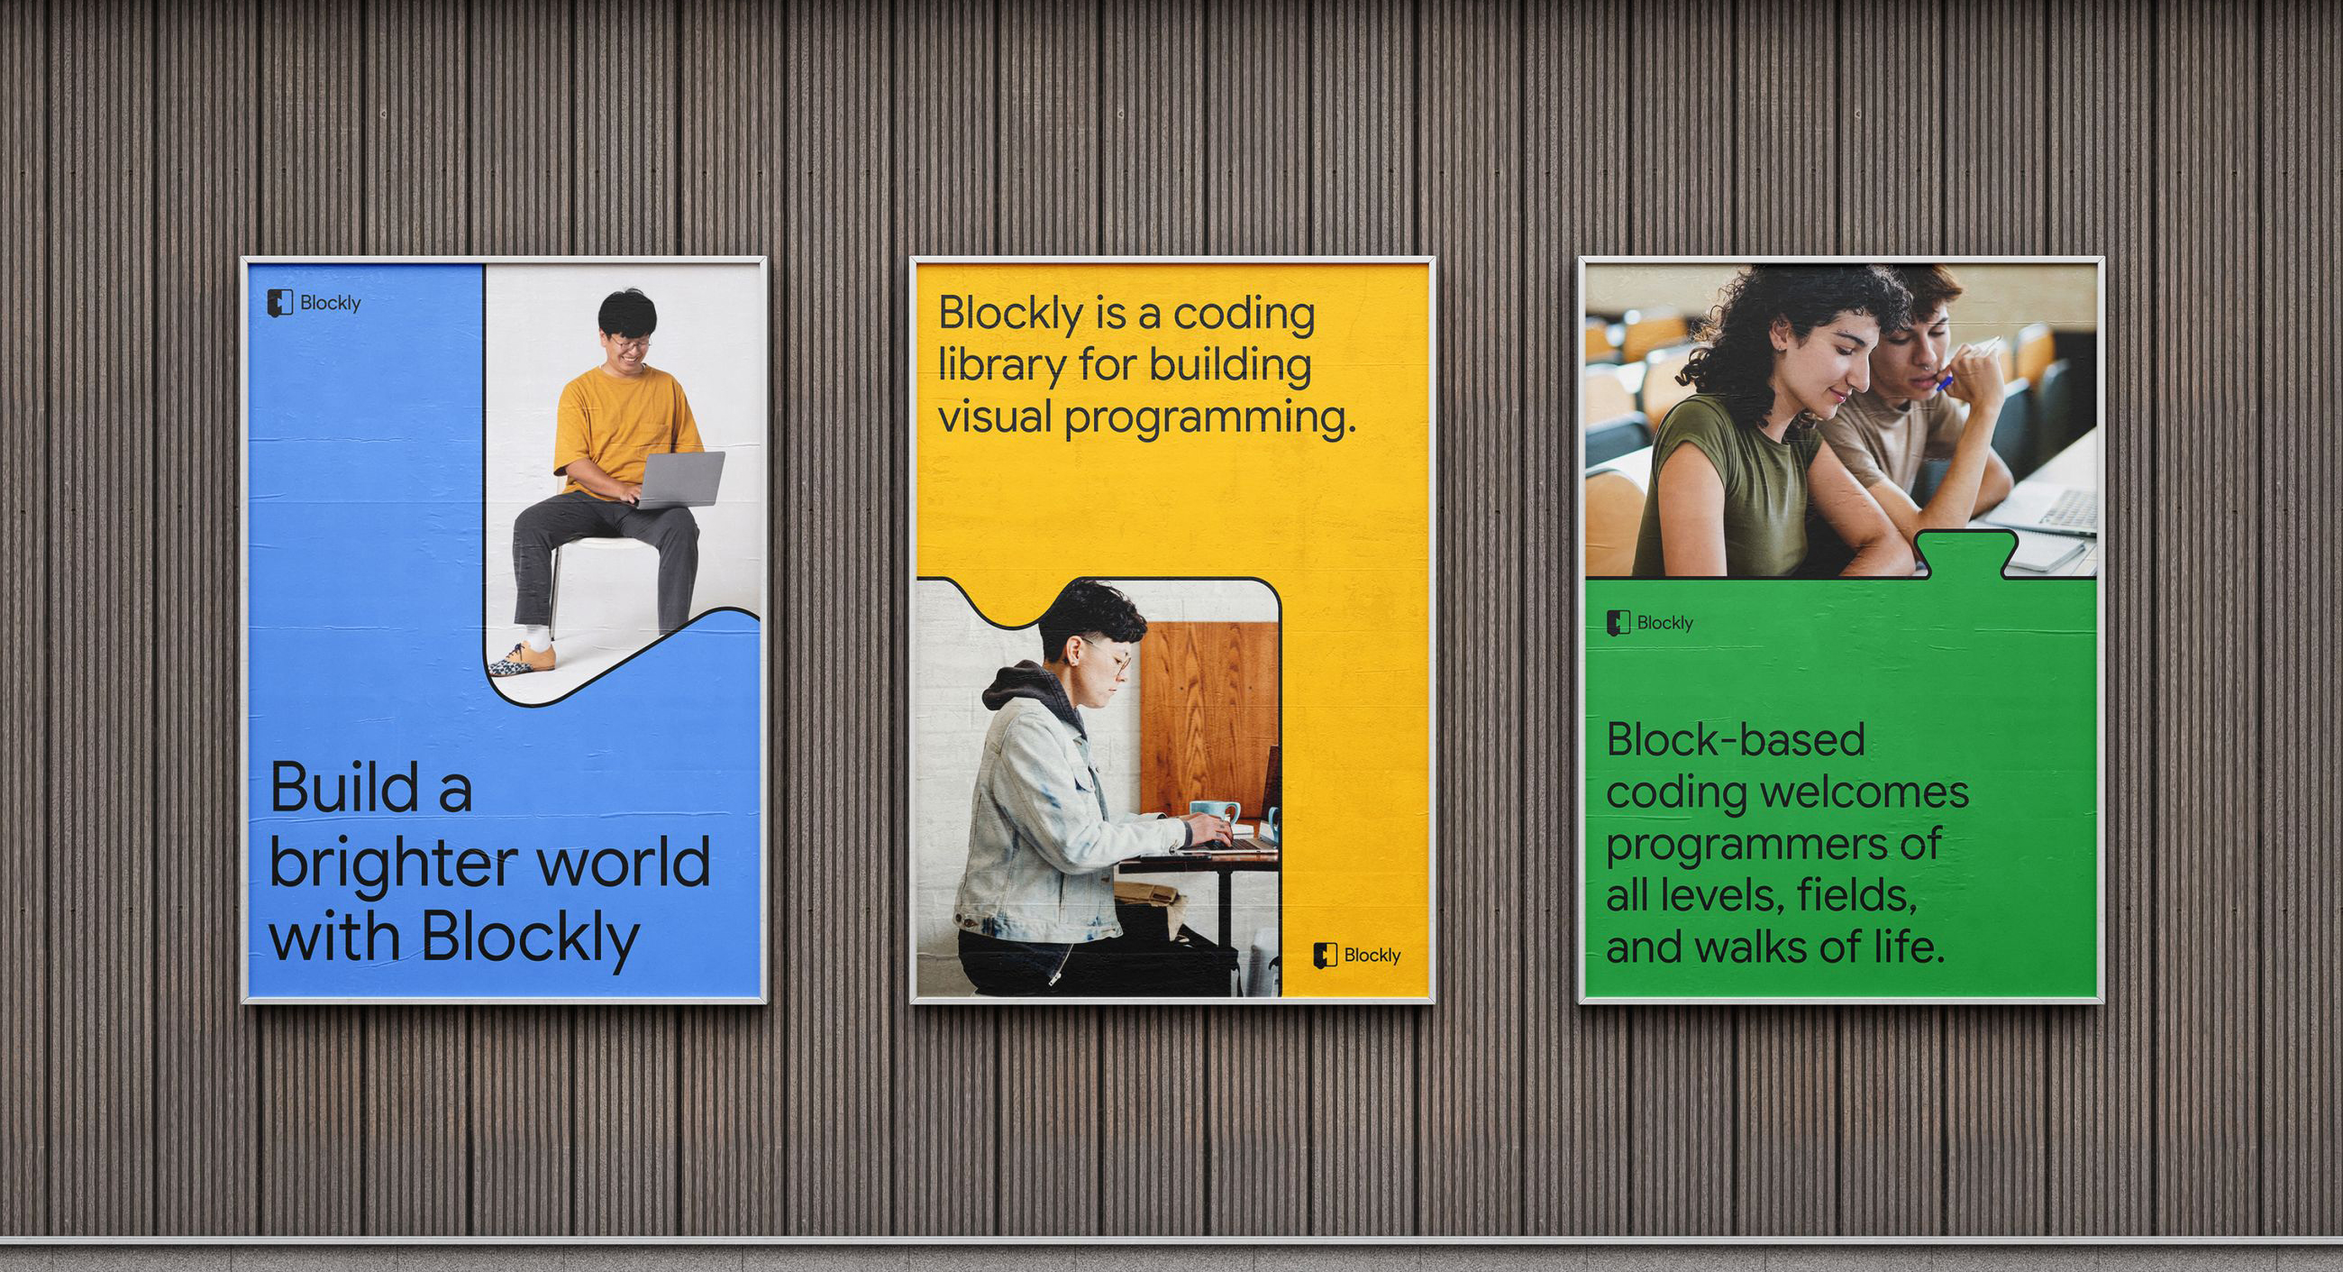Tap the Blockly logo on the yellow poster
click(1356, 956)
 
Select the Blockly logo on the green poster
click(1651, 623)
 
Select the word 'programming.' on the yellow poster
click(1210, 420)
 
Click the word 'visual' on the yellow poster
click(994, 416)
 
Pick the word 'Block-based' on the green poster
click(1736, 739)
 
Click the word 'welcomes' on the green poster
click(1864, 792)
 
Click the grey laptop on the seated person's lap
click(681, 480)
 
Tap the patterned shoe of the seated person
click(521, 660)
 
